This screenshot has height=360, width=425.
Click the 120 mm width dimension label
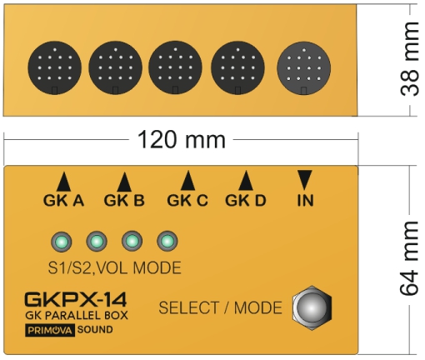[182, 140]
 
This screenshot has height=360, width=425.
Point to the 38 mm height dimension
[409, 59]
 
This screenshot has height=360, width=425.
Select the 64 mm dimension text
[409, 258]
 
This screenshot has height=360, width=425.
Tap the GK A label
[63, 200]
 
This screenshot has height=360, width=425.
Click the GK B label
[124, 200]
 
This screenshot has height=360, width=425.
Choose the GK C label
[187, 200]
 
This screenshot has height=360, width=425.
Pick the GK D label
[246, 200]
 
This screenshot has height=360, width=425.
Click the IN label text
[305, 200]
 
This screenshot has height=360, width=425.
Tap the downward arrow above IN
[305, 180]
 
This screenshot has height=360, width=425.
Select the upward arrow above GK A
[63, 182]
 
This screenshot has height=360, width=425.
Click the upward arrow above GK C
[187, 180]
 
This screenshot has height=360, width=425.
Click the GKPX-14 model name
[76, 299]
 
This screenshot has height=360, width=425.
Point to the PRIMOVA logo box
[50, 330]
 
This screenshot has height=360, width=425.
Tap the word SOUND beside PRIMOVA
[95, 330]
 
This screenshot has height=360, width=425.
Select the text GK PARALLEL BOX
[77, 316]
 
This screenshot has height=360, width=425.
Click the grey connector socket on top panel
[304, 68]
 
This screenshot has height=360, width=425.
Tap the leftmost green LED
[62, 242]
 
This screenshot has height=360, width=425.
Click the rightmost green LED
[167, 241]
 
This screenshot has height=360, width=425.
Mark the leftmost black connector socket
[55, 67]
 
